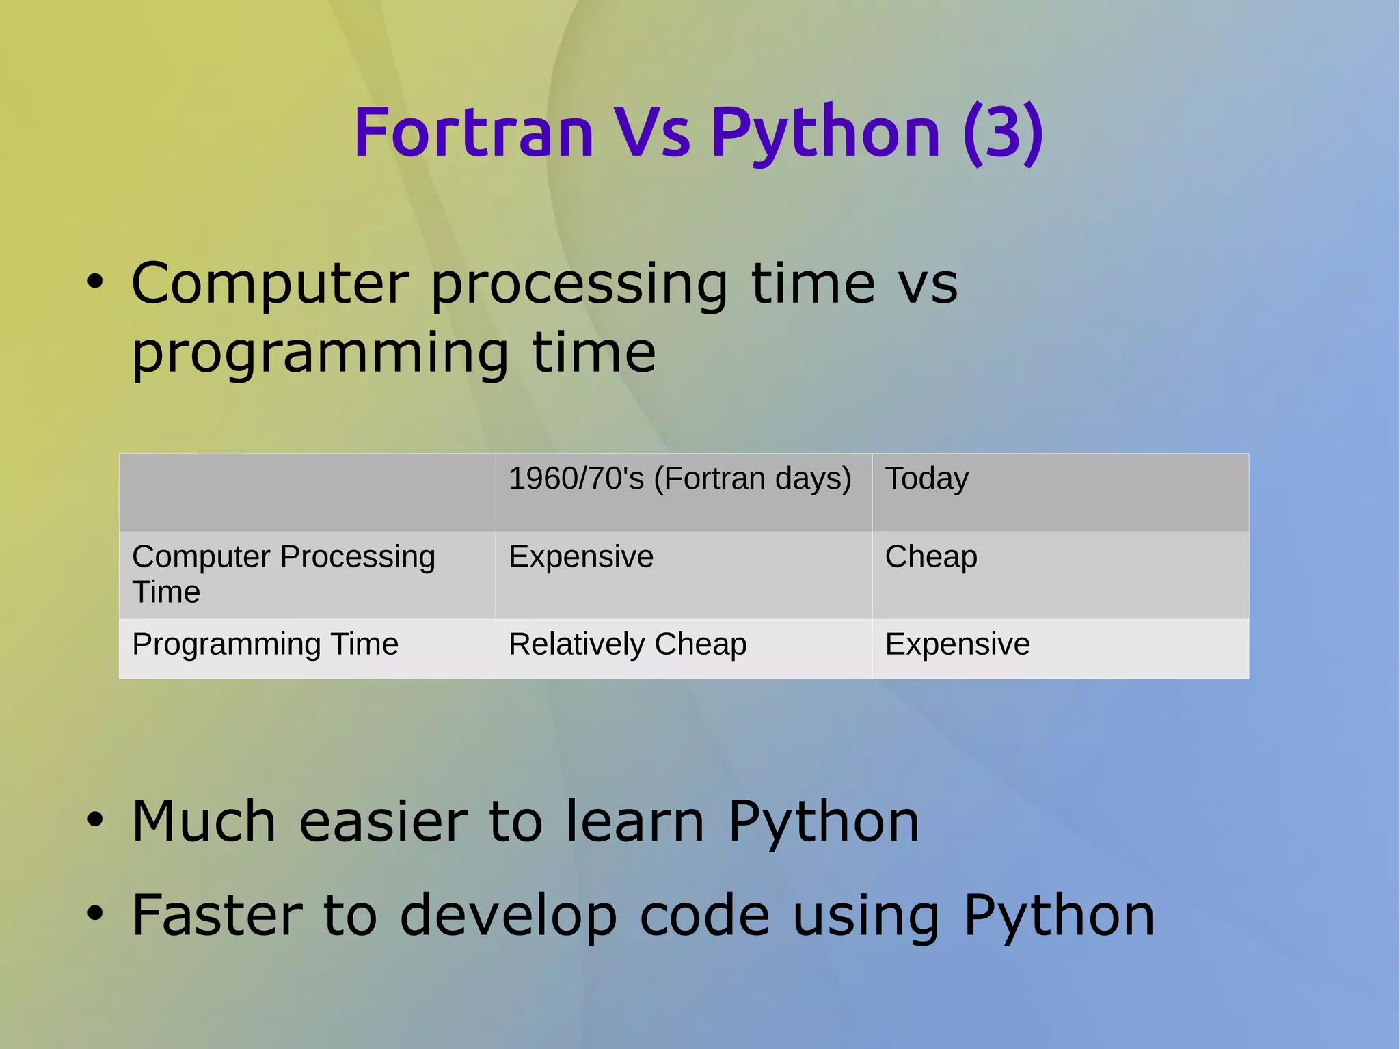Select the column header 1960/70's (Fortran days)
click(x=679, y=478)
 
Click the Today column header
click(x=926, y=478)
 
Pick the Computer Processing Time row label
click(x=283, y=573)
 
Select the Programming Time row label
click(x=265, y=644)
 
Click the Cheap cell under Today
click(x=930, y=556)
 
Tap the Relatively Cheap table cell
click(x=627, y=644)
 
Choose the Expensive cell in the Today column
click(x=957, y=644)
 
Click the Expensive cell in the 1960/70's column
click(x=581, y=556)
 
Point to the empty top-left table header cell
click(x=307, y=492)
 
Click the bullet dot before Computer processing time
click(x=95, y=282)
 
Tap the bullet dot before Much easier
click(x=95, y=820)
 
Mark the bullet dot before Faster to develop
click(x=95, y=914)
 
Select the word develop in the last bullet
click(x=509, y=917)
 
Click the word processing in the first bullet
click(x=579, y=286)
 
